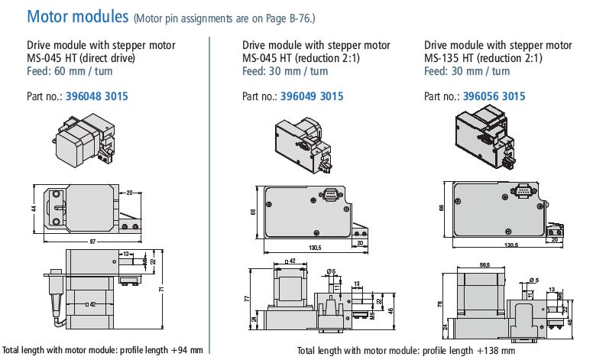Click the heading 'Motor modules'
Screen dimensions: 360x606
[x=77, y=16]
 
